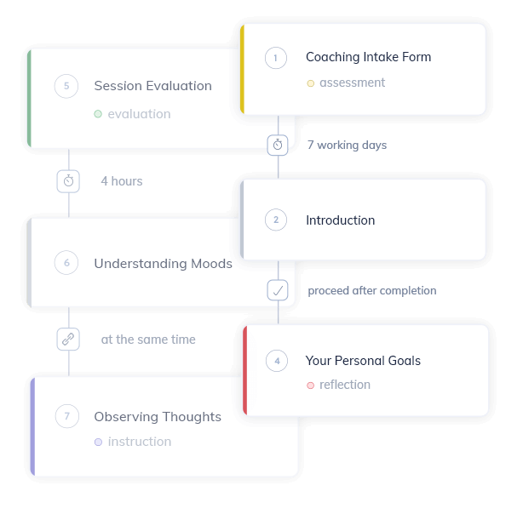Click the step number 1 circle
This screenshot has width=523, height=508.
(276, 58)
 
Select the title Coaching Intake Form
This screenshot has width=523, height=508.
(369, 57)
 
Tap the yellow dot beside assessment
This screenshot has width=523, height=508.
(311, 83)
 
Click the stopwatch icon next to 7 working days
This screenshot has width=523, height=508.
(278, 145)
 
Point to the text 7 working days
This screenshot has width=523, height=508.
(348, 145)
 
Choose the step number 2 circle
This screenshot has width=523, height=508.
(276, 220)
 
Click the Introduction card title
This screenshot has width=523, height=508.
(341, 220)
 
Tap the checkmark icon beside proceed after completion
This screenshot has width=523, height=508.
(278, 290)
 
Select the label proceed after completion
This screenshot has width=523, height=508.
(372, 290)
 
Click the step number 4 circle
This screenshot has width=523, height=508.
(277, 361)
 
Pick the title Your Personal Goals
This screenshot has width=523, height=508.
(363, 361)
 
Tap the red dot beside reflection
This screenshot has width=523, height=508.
(311, 385)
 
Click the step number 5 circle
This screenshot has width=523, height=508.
(66, 86)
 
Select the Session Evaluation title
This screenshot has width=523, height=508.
(153, 86)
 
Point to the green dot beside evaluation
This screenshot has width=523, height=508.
(98, 114)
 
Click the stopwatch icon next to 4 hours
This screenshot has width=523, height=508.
(68, 181)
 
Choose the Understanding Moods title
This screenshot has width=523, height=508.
(164, 264)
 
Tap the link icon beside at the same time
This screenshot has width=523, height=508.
(68, 340)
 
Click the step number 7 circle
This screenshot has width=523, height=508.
(67, 416)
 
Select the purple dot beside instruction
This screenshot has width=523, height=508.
(99, 442)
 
